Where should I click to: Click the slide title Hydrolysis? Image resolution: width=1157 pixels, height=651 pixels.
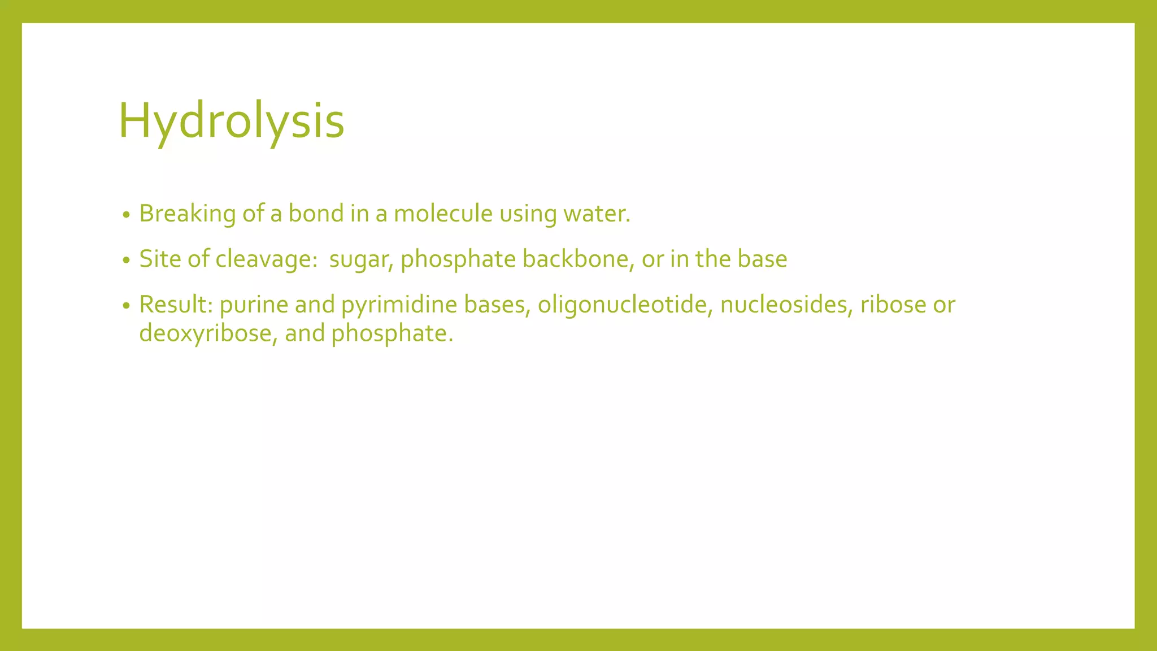[x=231, y=121]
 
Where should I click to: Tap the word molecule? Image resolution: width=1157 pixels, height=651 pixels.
[x=443, y=214]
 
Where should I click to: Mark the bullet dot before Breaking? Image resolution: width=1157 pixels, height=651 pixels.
[x=127, y=215]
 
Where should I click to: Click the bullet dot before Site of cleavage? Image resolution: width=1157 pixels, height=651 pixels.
[x=127, y=261]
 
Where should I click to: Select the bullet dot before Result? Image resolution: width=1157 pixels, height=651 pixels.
[x=127, y=306]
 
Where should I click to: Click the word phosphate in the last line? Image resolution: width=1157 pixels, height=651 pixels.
[x=392, y=333]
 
